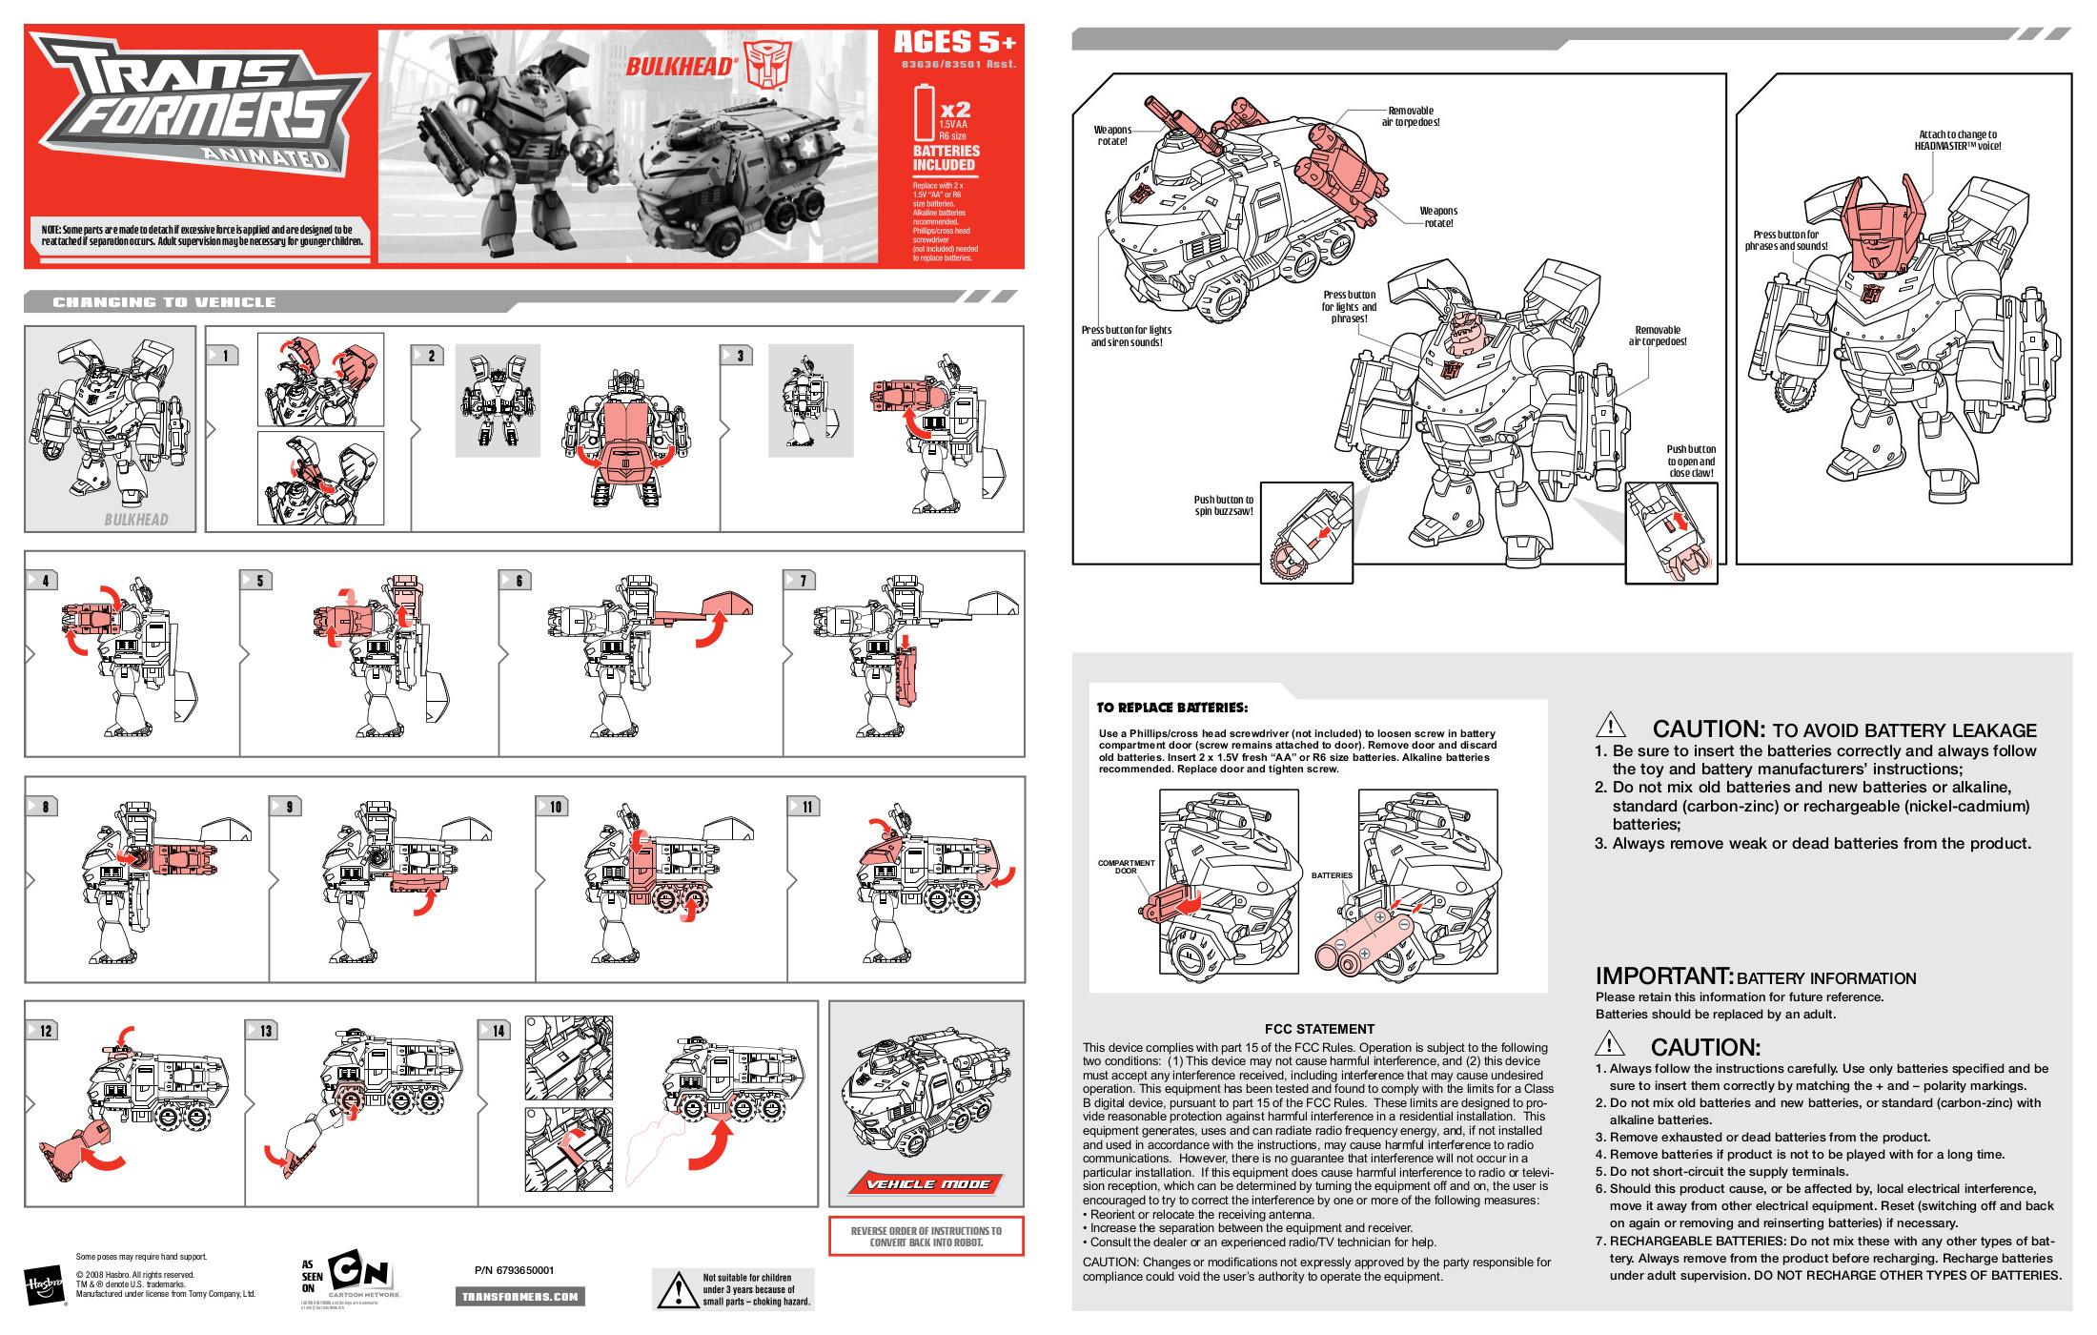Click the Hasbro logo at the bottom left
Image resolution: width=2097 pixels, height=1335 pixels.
click(x=44, y=1285)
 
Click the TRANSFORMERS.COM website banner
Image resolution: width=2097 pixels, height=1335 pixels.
click(x=519, y=1296)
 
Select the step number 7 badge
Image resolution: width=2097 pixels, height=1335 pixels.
click(x=801, y=580)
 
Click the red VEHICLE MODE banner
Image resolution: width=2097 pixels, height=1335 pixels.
click(x=926, y=1183)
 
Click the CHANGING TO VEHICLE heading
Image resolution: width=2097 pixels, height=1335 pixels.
click(x=164, y=302)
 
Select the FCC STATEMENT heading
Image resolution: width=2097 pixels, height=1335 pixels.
click(x=1319, y=1029)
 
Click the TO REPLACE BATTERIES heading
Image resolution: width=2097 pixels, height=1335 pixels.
click(x=1171, y=708)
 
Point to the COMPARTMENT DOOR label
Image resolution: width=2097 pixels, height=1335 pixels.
click(x=1126, y=866)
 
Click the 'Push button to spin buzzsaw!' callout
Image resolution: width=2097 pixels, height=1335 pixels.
click(x=1223, y=505)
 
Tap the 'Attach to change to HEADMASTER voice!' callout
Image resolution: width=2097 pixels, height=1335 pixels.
click(x=1958, y=140)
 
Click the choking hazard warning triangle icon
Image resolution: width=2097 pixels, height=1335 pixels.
click(x=679, y=1290)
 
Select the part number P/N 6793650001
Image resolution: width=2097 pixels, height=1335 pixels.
click(x=514, y=1270)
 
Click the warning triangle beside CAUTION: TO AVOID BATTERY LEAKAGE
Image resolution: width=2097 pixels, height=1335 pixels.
click(x=1611, y=726)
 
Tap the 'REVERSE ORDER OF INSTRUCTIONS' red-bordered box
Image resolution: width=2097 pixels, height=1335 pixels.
click(x=926, y=1236)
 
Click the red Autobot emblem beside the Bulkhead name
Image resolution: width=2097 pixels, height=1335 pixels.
click(x=768, y=64)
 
